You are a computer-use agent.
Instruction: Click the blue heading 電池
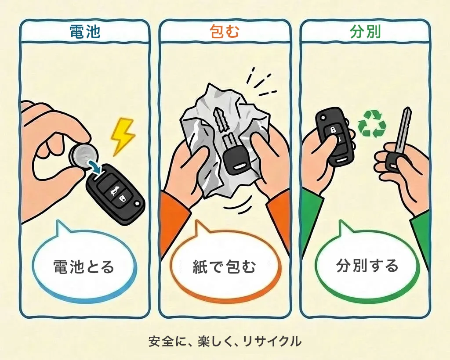pos(85,32)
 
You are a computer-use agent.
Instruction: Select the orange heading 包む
pos(225,32)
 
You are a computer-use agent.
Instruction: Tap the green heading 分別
pos(365,32)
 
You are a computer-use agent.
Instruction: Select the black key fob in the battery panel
pos(116,191)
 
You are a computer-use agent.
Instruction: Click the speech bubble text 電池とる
pos(83,266)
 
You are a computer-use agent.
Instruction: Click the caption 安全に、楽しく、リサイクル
pos(225,341)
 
